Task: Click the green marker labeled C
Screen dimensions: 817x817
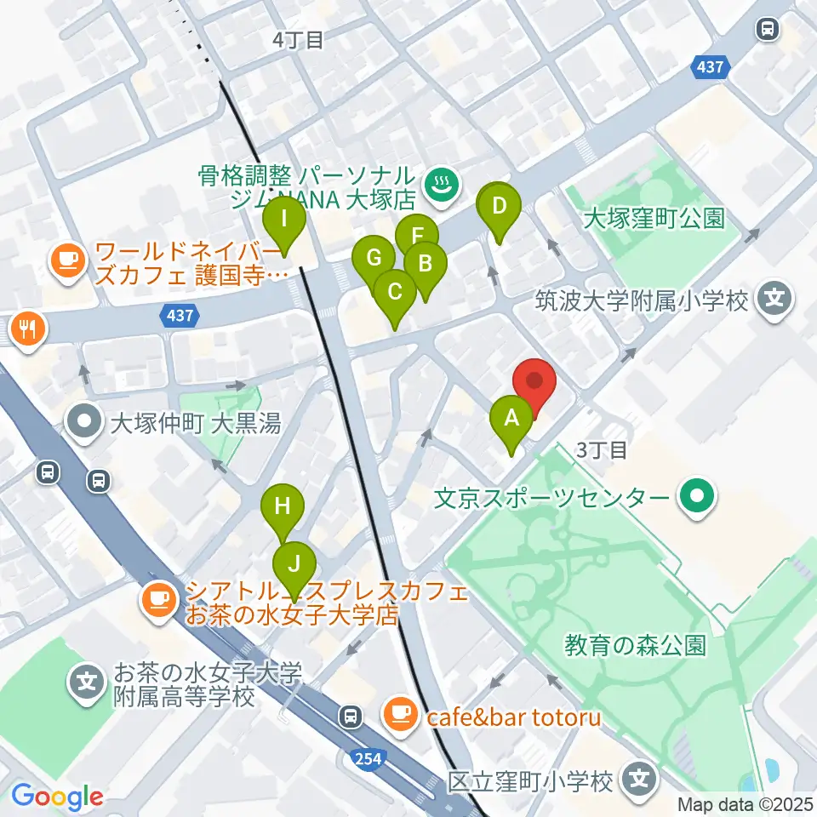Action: click(395, 292)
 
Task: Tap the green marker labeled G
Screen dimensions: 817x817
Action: click(374, 257)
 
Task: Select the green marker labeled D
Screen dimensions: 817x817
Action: click(499, 205)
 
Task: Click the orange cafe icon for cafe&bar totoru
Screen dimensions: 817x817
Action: click(399, 713)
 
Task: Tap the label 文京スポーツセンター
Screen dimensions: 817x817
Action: click(554, 496)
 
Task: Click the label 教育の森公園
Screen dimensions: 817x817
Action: click(635, 645)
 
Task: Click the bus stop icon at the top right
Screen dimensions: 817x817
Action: click(768, 30)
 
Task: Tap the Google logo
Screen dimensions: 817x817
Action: click(57, 796)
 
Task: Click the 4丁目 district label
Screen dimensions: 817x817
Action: click(298, 40)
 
